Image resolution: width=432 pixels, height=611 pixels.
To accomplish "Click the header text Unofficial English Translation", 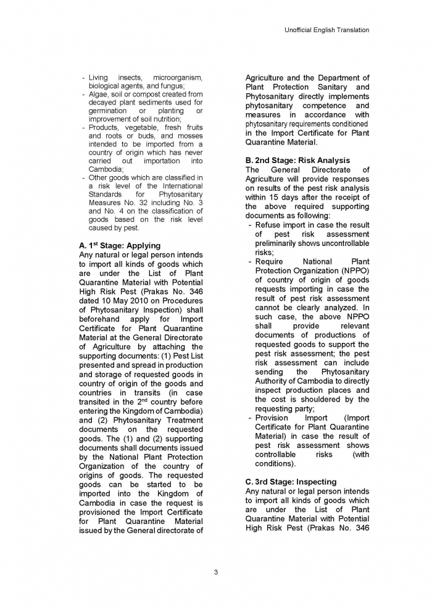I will click(x=327, y=30).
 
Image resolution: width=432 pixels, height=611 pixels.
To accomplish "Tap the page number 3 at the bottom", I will click(x=215, y=572).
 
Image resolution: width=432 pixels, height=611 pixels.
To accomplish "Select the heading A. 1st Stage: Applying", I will click(x=120, y=245).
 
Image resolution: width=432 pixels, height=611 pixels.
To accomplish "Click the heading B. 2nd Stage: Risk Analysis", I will click(x=297, y=161).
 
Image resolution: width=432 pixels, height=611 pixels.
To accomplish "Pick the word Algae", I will click(x=99, y=94).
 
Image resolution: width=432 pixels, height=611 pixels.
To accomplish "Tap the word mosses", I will click(x=189, y=136).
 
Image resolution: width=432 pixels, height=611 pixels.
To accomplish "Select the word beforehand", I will click(x=103, y=319).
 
